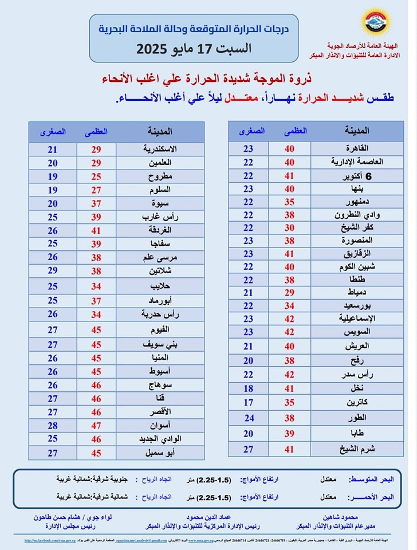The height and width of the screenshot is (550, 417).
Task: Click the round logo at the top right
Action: (376, 22)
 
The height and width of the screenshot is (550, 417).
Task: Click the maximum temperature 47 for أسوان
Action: (96, 426)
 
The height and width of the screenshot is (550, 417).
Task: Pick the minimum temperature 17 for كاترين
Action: (248, 402)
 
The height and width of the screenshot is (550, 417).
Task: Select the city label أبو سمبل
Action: (166, 453)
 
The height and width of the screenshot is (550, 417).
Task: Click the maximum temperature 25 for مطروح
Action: (96, 176)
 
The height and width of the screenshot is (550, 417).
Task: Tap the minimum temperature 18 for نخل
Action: (248, 388)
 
